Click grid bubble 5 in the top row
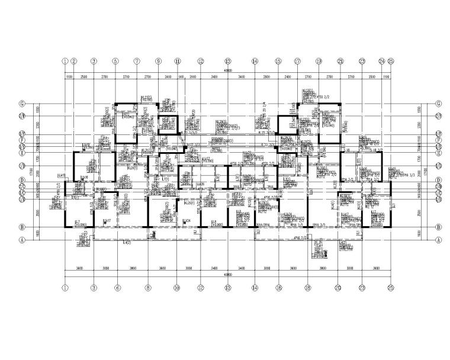click(x=115, y=61)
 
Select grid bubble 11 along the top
click(x=177, y=61)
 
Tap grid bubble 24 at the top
click(x=381, y=61)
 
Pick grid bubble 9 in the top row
click(x=158, y=61)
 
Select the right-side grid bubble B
click(x=438, y=227)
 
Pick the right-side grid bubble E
click(x=438, y=152)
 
